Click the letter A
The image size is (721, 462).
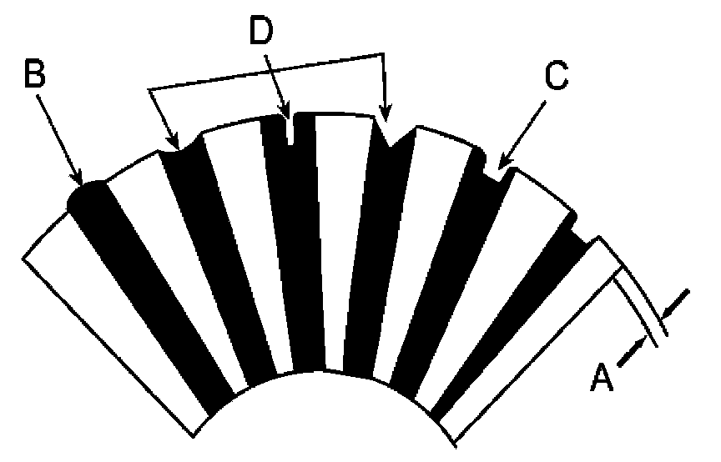pyautogui.click(x=603, y=376)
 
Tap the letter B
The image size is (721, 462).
pyautogui.click(x=33, y=73)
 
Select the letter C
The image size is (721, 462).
pyautogui.click(x=557, y=77)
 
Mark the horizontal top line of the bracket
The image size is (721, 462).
pyautogui.click(x=267, y=70)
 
